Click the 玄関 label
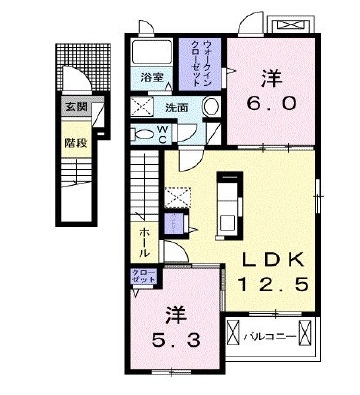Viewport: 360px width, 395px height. pos(76,107)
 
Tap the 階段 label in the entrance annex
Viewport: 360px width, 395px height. pos(76,142)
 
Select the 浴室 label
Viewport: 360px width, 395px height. pos(151,76)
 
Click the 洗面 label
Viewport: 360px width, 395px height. pos(177,107)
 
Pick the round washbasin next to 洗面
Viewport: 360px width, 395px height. pos(209,107)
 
